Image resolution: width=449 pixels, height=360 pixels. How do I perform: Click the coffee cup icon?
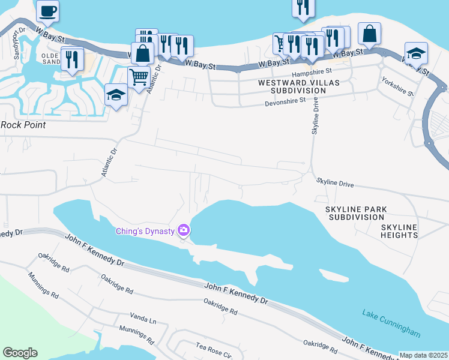(x=47, y=10)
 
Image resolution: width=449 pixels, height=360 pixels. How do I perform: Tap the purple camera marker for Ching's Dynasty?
(x=184, y=230)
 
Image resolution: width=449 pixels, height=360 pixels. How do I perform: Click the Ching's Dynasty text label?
(x=146, y=231)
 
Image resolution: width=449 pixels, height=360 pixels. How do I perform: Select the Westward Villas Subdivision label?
(x=292, y=86)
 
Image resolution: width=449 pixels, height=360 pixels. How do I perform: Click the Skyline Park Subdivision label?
(x=356, y=213)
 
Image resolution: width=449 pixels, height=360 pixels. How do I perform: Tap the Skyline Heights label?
(x=399, y=231)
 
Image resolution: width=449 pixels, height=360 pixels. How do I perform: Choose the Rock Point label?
(x=23, y=125)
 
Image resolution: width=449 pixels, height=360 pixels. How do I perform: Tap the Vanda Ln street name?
(x=143, y=316)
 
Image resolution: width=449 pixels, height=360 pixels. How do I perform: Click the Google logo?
(x=20, y=352)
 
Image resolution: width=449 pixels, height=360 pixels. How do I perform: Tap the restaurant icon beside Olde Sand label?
(x=72, y=59)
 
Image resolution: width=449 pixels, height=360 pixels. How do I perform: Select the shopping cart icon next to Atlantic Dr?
(x=139, y=77)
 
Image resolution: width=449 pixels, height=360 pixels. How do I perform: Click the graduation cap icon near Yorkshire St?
(x=416, y=53)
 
